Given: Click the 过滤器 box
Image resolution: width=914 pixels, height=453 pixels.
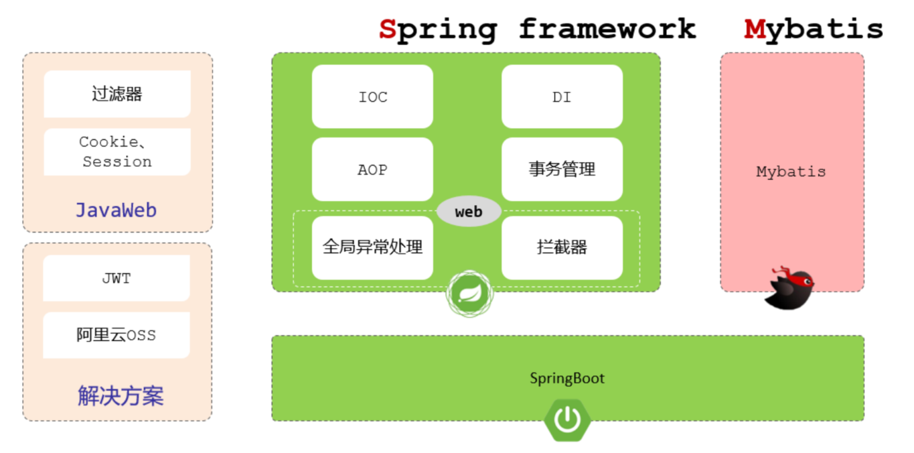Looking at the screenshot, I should tap(117, 94).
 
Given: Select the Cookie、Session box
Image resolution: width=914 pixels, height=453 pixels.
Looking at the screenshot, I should tap(117, 152).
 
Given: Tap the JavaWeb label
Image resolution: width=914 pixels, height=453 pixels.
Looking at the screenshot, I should tap(116, 210).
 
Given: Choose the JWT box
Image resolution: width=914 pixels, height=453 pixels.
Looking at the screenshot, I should tap(117, 278).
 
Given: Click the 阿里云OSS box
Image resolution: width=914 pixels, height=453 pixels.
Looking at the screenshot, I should tap(117, 335).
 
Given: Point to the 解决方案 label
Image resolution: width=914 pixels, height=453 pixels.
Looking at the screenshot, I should tap(121, 396).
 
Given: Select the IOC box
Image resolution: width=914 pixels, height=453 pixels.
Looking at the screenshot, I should tap(372, 96).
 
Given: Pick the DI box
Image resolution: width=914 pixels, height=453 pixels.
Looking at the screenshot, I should tap(562, 96).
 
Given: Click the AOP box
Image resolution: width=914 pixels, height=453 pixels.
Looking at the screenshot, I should tap(372, 170).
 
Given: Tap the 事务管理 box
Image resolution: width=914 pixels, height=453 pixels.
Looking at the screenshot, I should tap(562, 170).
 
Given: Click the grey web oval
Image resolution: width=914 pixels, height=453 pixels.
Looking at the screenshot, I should tap(469, 212).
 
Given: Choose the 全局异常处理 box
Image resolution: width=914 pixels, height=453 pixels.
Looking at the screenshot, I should tap(372, 247).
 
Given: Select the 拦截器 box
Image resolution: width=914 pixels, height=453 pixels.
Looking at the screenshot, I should tap(562, 247).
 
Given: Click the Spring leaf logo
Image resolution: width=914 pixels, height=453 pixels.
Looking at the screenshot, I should tap(469, 294).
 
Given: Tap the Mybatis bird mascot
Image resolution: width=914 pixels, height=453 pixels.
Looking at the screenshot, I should tap(790, 289).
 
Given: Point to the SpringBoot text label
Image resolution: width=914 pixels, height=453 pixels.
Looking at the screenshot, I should tap(567, 379).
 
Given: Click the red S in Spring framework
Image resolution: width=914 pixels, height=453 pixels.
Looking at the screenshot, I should tap(387, 29).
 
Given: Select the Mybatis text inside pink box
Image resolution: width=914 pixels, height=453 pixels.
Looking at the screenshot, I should tap(791, 172).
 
